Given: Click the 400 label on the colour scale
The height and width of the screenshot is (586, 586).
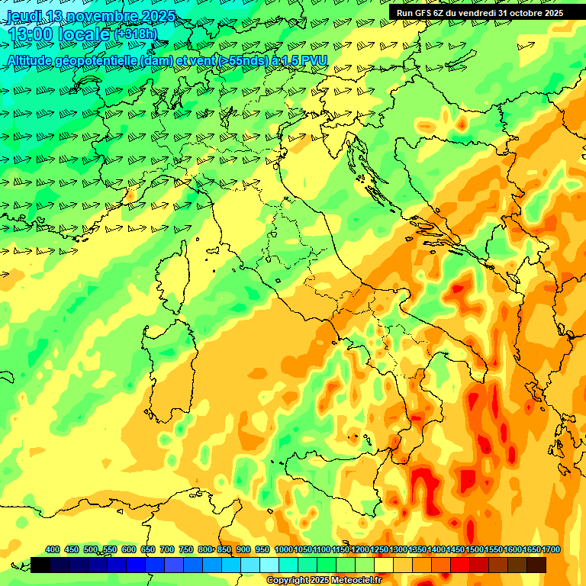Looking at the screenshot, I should [53, 549].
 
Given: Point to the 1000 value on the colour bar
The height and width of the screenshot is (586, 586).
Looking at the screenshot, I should [283, 549].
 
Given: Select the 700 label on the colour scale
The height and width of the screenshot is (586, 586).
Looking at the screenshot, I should [167, 549].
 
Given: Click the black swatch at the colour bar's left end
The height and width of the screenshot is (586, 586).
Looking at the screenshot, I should [40, 565].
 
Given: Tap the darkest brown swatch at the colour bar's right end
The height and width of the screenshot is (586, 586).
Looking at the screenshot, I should [536, 565].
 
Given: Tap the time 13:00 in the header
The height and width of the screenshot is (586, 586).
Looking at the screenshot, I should [31, 35].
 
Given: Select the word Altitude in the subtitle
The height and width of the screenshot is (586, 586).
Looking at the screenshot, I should [31, 60].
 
